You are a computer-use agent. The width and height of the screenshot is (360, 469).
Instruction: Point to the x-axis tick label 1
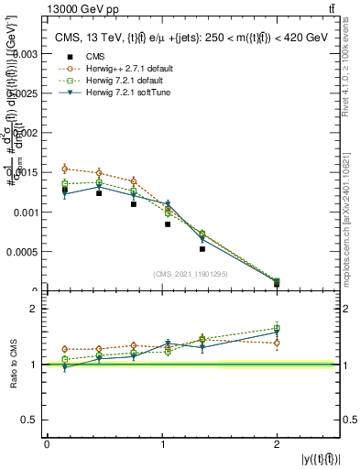[162, 443]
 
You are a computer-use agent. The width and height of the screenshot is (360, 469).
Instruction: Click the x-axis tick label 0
[47, 443]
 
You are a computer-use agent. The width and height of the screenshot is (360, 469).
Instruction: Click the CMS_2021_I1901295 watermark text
[191, 274]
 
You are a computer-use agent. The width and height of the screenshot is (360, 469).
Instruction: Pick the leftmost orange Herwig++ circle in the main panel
[64, 169]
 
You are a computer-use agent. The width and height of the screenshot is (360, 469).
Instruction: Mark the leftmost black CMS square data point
[64, 190]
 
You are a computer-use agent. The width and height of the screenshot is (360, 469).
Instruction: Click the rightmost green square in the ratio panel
[277, 328]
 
